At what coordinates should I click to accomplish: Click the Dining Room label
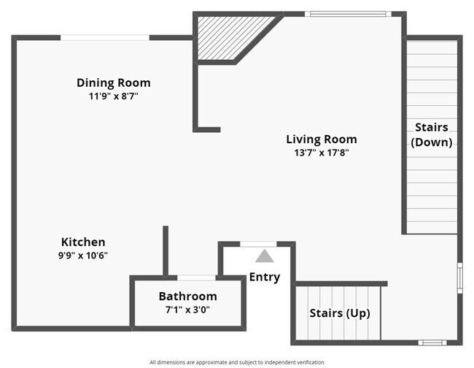click(x=113, y=83)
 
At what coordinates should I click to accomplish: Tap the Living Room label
click(x=321, y=139)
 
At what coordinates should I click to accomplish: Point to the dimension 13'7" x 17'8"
click(x=321, y=153)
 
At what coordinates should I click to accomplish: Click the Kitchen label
click(x=83, y=242)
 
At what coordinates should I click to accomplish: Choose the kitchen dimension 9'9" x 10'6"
click(x=84, y=255)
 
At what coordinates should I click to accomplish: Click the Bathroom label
click(x=187, y=296)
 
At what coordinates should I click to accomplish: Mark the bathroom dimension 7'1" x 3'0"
click(x=187, y=310)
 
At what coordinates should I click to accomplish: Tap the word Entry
click(x=264, y=277)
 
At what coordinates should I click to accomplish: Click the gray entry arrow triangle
click(x=264, y=256)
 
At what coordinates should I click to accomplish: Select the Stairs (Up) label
click(x=339, y=313)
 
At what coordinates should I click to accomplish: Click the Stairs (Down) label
click(x=432, y=135)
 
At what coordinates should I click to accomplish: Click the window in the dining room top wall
click(x=105, y=37)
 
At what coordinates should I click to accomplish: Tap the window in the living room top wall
click(x=347, y=13)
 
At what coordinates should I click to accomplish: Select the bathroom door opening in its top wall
click(x=196, y=277)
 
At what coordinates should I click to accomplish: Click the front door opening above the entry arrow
click(x=258, y=244)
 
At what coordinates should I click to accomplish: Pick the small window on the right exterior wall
click(x=459, y=277)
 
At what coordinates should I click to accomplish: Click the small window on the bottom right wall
click(x=432, y=342)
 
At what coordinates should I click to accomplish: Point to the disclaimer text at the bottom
click(x=236, y=362)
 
